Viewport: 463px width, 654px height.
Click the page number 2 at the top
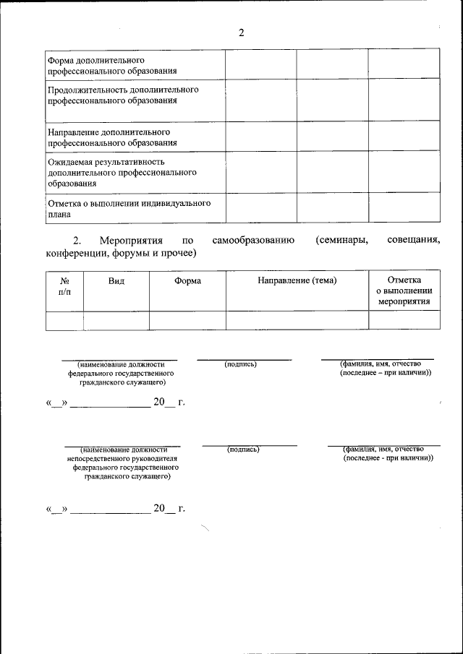pos(242,33)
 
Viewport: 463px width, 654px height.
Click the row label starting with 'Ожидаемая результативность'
pos(122,172)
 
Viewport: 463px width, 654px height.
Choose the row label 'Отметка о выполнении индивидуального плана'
pos(129,208)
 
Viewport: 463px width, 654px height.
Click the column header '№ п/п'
pos(64,286)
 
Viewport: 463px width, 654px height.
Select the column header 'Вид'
pos(116,280)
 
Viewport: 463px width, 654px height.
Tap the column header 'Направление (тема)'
pos(297,280)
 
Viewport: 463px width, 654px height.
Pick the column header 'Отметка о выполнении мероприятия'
pos(404,291)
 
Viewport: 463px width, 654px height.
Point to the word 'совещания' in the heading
pos(413,240)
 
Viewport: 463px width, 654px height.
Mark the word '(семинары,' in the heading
pos(341,240)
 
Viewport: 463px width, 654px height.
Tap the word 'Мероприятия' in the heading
pos(128,240)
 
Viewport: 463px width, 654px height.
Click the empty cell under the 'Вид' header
pos(116,320)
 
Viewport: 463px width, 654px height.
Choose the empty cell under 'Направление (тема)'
pos(297,320)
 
